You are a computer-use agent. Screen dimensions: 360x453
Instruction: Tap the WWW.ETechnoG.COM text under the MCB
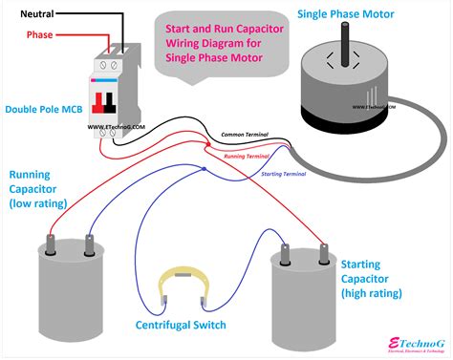117,126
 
